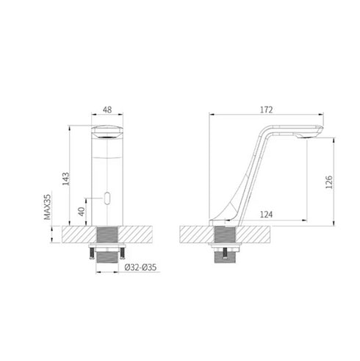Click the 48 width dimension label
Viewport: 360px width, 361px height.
coord(107,110)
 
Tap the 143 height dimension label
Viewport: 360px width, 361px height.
coord(66,179)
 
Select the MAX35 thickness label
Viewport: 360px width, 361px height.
coord(47,207)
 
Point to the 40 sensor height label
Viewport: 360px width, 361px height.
coord(82,211)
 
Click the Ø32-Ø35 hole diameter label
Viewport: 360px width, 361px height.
coord(140,267)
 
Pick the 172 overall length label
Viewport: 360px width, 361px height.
coord(266,110)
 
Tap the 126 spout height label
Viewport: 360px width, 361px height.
coord(329,182)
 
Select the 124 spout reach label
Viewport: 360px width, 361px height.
coord(266,215)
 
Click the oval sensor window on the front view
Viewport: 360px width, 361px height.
coord(107,198)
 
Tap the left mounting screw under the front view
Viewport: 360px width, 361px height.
coord(92,253)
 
